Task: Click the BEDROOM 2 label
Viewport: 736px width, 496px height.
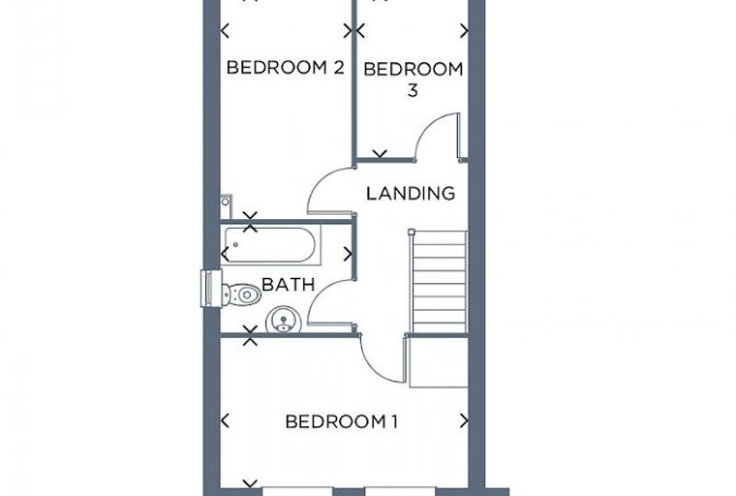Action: point(286,68)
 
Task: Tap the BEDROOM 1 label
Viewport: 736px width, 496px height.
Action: point(342,421)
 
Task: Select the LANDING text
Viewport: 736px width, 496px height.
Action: point(411,194)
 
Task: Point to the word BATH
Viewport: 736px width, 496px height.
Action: point(288,284)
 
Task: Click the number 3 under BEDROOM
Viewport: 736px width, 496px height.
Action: point(413,90)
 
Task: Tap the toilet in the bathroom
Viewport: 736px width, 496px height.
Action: point(241,294)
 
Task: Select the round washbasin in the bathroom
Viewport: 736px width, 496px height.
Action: point(283,321)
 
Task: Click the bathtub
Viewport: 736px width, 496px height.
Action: point(270,245)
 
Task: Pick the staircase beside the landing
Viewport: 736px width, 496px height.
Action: point(440,282)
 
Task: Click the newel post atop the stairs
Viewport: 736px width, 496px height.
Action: point(412,232)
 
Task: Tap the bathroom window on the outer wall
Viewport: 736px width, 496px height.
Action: point(211,289)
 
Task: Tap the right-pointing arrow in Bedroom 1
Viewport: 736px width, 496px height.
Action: point(464,420)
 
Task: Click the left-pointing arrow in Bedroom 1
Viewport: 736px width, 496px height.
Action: point(225,420)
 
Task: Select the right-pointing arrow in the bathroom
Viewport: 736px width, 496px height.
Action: point(348,254)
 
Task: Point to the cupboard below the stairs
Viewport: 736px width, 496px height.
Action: point(439,361)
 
